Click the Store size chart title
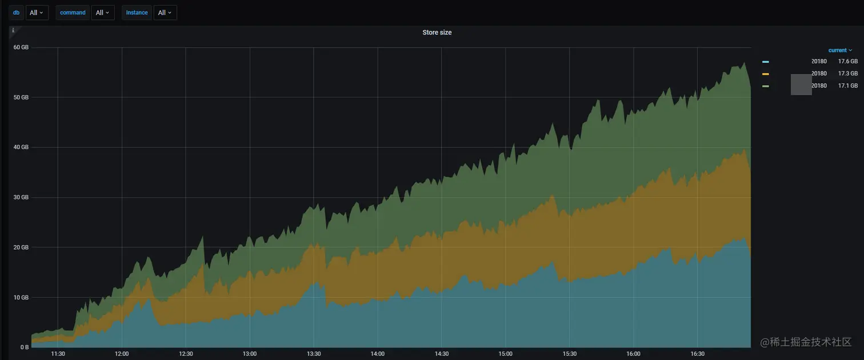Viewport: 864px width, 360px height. coord(437,33)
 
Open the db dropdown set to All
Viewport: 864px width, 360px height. coord(37,13)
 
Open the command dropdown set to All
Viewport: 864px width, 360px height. coord(103,13)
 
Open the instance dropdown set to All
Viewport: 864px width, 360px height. coord(165,13)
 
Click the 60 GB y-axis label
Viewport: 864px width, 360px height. coord(21,47)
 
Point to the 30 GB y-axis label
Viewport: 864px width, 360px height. coord(21,197)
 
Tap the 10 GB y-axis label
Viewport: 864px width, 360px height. coord(21,297)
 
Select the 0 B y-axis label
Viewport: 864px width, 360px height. coord(25,347)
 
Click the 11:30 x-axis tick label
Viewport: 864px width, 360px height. coord(58,354)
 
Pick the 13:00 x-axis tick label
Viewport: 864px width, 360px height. coord(250,354)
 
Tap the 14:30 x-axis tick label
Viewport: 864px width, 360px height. coord(441,354)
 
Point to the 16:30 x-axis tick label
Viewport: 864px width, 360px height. coord(697,354)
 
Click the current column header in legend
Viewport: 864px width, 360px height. coord(840,50)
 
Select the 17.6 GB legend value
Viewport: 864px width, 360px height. coord(848,61)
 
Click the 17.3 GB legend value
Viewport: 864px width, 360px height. coord(848,74)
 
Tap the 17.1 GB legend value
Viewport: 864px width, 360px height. coord(848,86)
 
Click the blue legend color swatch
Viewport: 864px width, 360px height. coord(766,62)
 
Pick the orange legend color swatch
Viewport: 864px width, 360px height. coord(766,74)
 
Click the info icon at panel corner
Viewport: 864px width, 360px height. coord(13,30)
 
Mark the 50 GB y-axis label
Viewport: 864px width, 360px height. coord(21,97)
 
